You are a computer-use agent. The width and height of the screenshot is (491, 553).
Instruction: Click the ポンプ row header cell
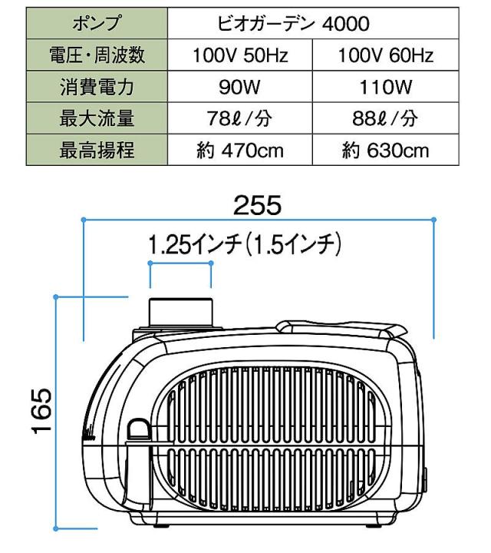tap(97, 23)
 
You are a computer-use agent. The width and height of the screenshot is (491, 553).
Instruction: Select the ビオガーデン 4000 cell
tap(313, 23)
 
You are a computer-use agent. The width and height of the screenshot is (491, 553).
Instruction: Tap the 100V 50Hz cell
tap(240, 55)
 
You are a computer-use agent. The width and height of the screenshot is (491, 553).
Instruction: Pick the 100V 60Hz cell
tap(386, 55)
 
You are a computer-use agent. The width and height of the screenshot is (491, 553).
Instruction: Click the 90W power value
tap(239, 87)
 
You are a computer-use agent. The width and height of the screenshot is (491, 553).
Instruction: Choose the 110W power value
tap(385, 87)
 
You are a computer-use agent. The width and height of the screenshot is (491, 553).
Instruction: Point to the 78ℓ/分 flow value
tap(239, 118)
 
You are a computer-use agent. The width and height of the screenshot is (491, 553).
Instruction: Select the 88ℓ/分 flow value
tap(385, 118)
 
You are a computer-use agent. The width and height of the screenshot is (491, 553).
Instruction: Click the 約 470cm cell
tap(240, 150)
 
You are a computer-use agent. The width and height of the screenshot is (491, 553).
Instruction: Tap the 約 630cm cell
tap(386, 150)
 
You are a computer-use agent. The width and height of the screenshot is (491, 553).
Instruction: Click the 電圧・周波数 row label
tap(97, 55)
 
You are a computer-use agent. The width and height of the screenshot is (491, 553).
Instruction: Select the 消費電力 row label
tap(97, 87)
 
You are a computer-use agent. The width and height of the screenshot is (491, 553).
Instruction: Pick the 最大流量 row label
tap(97, 118)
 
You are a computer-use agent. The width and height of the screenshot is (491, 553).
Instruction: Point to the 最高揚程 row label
tap(97, 150)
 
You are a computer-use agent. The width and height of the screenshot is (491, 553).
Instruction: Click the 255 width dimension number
tap(258, 205)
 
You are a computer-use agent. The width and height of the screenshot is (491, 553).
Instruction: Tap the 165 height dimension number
tap(42, 410)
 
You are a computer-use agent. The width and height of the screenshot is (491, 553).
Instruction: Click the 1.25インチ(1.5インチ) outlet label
tap(245, 244)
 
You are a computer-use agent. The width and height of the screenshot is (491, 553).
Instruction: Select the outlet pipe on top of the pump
tap(180, 313)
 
